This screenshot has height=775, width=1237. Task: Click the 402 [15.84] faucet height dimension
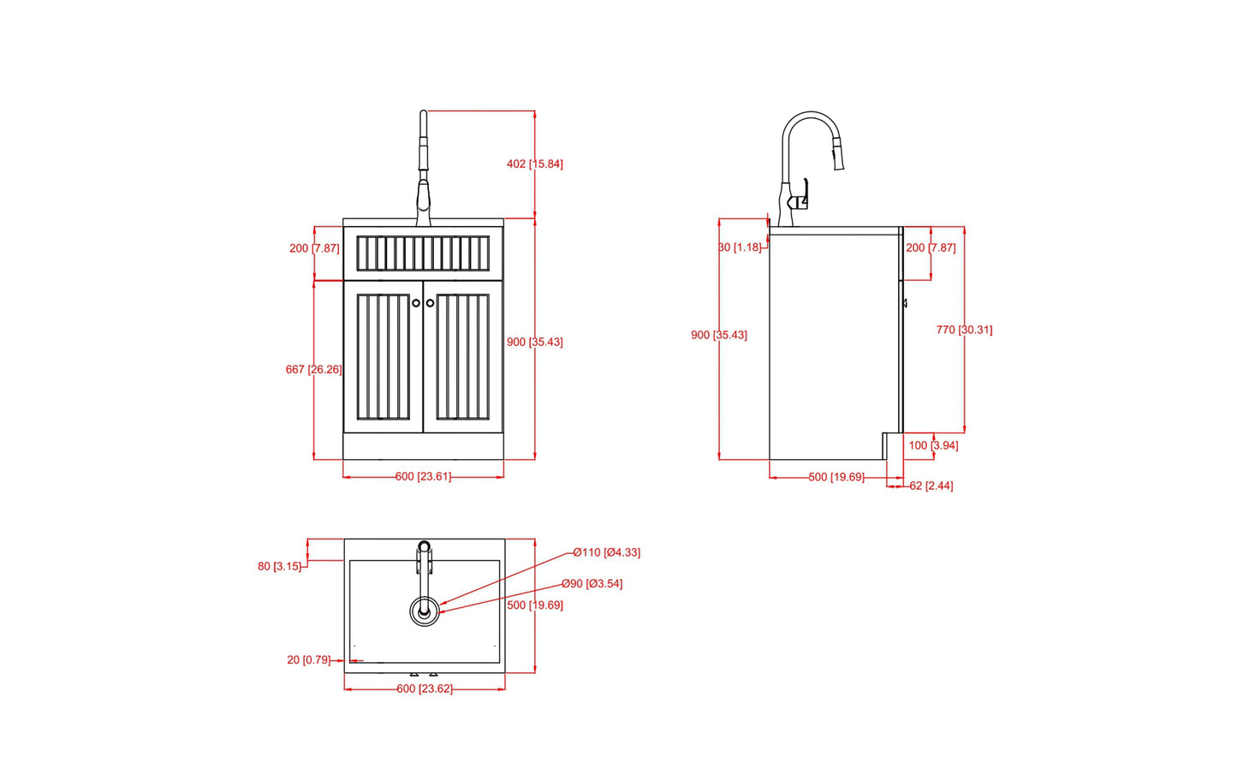click(534, 164)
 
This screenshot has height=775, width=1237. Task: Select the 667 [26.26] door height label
click(313, 370)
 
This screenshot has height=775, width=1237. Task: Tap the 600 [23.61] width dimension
click(423, 477)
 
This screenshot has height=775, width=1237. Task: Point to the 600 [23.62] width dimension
click(424, 689)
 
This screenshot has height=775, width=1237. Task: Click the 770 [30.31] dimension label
click(964, 330)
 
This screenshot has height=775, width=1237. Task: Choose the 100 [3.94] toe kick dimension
click(933, 445)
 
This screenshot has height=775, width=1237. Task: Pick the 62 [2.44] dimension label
click(931, 486)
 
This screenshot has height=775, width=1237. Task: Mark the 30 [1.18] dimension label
click(740, 247)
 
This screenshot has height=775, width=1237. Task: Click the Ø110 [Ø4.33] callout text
click(606, 552)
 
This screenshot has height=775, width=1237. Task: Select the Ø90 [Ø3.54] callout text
click(592, 584)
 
